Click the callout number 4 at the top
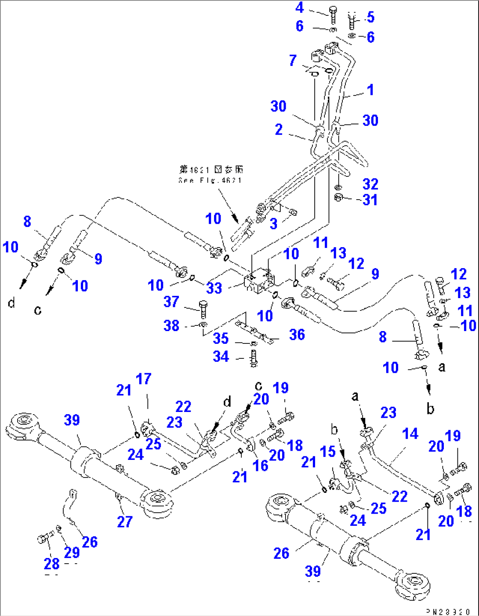(x=300, y=7)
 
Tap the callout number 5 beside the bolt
(x=370, y=17)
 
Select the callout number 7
(x=293, y=60)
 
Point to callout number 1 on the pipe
(x=370, y=90)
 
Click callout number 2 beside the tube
(x=279, y=129)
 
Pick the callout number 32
(x=370, y=184)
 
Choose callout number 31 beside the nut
(x=370, y=200)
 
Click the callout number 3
(x=274, y=223)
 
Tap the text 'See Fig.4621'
(x=210, y=180)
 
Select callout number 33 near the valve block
(x=214, y=288)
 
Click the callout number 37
(x=171, y=302)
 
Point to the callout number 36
(x=297, y=335)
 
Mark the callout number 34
(x=221, y=356)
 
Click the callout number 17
(x=143, y=379)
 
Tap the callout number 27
(x=124, y=521)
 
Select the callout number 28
(x=52, y=563)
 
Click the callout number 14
(x=410, y=434)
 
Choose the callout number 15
(x=328, y=452)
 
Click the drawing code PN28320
(x=448, y=612)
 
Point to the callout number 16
(x=260, y=466)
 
